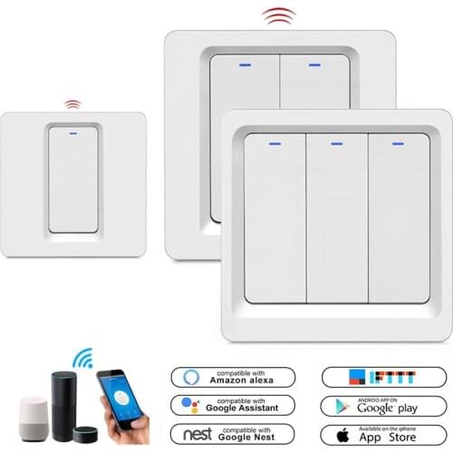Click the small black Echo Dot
[x=82, y=429]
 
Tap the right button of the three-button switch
[x=392, y=217]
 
